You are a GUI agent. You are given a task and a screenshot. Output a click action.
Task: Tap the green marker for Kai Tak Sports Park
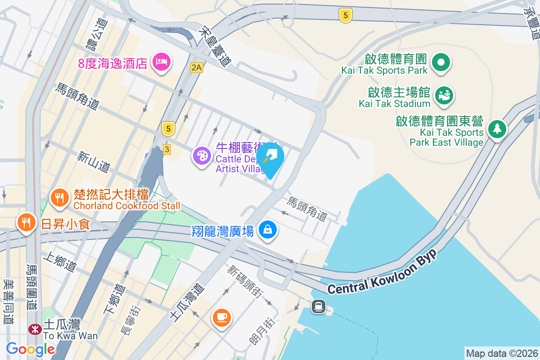click(441, 62)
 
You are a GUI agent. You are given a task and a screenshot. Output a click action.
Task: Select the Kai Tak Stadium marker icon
click(444, 95)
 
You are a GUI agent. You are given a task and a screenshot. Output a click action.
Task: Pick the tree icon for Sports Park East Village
click(497, 129)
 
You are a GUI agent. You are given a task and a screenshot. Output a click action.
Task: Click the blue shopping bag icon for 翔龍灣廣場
click(268, 230)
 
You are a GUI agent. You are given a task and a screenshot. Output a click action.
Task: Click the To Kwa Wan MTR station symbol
click(35, 329)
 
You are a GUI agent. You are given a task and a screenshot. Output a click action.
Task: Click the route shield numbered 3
click(167, 149)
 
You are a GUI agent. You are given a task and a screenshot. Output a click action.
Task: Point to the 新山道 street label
click(94, 162)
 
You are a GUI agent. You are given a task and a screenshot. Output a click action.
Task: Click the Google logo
click(30, 349)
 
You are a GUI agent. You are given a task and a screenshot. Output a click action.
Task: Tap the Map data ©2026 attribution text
click(501, 353)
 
